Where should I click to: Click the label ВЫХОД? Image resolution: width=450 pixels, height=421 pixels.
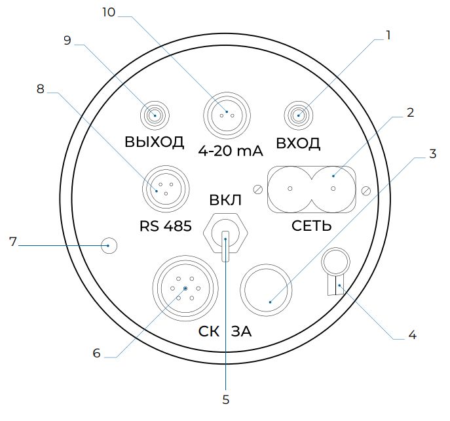pos(154,142)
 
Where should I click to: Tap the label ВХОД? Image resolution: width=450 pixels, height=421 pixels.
pos(298,143)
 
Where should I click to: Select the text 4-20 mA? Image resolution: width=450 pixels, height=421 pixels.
pos(231,151)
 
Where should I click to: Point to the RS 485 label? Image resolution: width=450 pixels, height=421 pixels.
pos(166,226)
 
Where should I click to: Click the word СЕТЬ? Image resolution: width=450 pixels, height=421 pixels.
pos(312,226)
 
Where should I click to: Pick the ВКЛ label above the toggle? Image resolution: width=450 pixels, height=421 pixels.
pos(225,200)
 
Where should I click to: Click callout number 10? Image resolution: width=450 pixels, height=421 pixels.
pos(109,12)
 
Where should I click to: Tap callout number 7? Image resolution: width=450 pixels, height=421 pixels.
pos(13,242)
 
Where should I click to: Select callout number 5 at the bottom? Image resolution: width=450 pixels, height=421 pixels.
pos(226,400)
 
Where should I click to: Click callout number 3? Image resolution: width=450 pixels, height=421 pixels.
pos(433,154)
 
